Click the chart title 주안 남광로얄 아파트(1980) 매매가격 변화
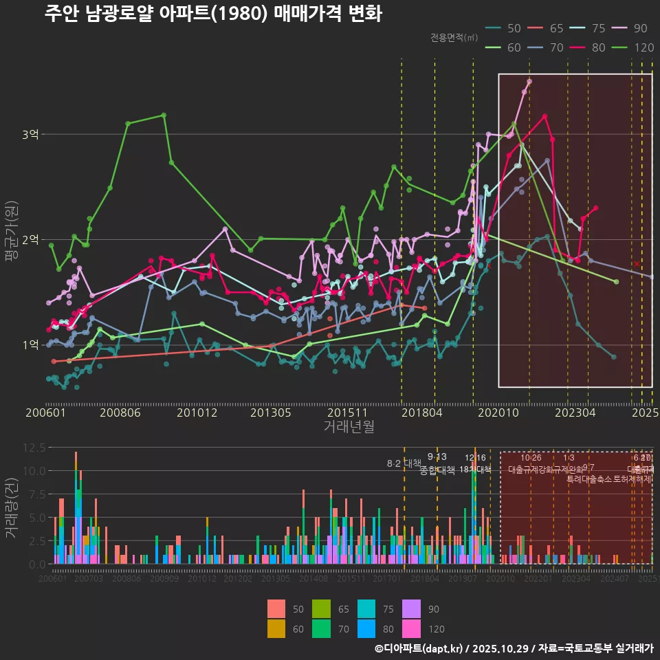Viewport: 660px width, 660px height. point(212,14)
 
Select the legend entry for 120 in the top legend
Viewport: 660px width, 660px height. point(635,47)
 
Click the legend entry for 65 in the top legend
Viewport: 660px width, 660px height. point(547,28)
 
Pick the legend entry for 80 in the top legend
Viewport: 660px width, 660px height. point(589,47)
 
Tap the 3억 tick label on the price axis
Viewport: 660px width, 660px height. point(30,134)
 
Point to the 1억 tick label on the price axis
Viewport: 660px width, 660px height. point(30,345)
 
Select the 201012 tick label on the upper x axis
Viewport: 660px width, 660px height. point(197,413)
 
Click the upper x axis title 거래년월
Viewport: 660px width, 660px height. point(349,427)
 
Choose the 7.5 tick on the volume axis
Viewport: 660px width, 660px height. point(36,494)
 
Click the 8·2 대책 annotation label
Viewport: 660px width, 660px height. point(404,463)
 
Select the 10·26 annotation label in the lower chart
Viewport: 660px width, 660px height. point(531,458)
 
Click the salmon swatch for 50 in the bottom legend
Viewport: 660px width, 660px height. point(276,609)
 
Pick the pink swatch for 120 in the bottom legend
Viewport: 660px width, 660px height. point(411,628)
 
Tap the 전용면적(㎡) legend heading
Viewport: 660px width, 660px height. point(454,38)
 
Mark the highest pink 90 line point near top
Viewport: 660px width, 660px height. point(529,81)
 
